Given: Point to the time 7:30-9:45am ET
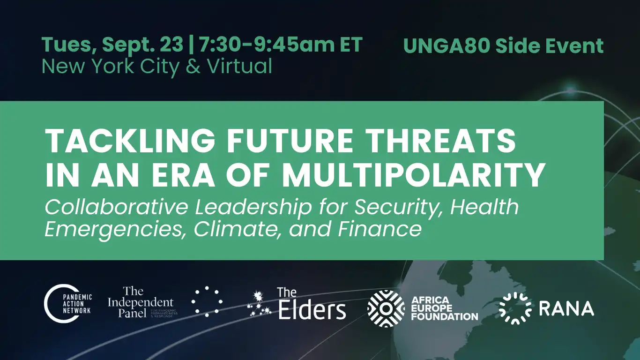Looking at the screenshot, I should pos(281,45).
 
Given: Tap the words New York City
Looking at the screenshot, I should pos(110,67).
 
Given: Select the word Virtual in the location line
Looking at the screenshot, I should pos(239,67).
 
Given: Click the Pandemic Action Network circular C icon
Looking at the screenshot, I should pos(57,305).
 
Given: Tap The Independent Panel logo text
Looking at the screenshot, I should pos(140,303).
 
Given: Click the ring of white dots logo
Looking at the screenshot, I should pos(207,302).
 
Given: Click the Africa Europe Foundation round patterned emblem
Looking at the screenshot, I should pos(386,308).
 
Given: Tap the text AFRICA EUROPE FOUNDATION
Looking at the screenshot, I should pos(444,308).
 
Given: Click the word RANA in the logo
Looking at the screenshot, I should pos(566,308).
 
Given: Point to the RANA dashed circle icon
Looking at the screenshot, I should pos(515,308).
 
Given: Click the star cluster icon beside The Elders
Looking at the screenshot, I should pos(259,304).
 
